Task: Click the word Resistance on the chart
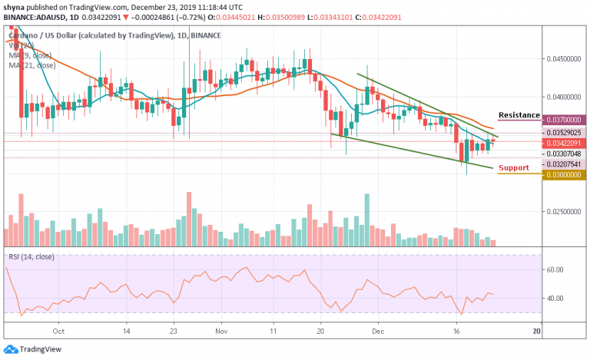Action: pos(519,115)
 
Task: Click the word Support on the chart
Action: pos(514,167)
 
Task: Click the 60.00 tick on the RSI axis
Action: pos(555,270)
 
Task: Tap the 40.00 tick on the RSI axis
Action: pos(555,299)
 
